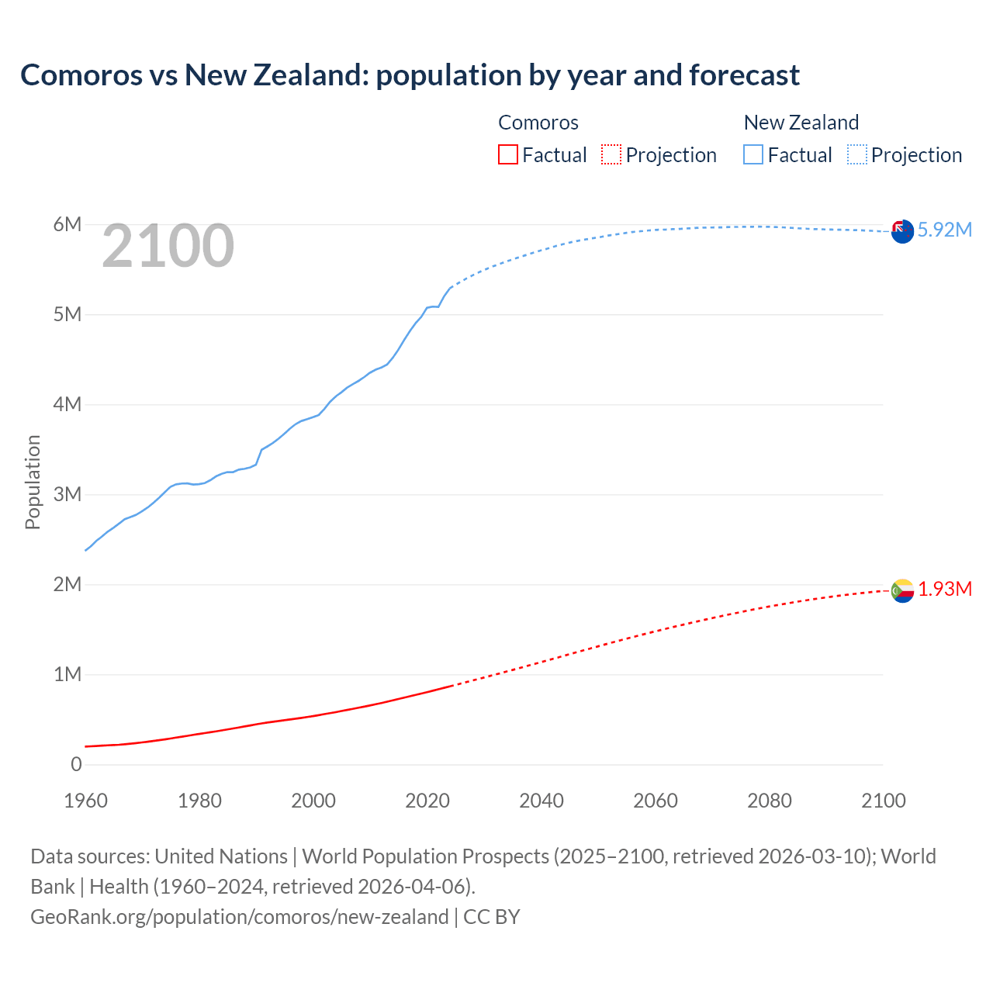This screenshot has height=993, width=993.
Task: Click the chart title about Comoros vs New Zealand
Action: (x=410, y=75)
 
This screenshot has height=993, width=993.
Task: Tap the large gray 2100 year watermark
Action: (x=168, y=246)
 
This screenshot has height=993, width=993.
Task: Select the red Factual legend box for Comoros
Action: (x=507, y=155)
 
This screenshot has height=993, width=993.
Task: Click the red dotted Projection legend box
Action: (x=611, y=155)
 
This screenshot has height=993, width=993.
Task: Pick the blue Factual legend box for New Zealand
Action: (x=753, y=155)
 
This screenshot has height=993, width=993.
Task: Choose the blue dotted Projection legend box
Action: (x=856, y=155)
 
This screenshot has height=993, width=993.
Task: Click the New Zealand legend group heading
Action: (x=801, y=123)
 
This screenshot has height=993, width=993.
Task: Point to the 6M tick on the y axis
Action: (x=67, y=225)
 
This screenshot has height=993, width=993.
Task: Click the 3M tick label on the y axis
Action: (x=67, y=495)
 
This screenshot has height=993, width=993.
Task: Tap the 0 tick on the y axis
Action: (x=76, y=765)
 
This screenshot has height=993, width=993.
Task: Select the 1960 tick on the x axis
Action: (x=85, y=801)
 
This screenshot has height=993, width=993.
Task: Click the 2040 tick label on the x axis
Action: (x=541, y=801)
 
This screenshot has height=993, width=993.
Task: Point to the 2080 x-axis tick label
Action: (x=770, y=801)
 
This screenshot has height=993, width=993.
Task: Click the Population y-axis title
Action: (x=33, y=482)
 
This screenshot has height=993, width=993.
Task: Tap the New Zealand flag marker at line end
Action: (x=902, y=231)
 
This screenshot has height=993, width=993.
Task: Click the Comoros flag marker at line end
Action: (x=902, y=590)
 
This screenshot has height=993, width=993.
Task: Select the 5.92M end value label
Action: (x=945, y=230)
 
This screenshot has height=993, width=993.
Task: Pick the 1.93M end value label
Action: (x=945, y=590)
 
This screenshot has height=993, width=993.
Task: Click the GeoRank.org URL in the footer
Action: (x=239, y=917)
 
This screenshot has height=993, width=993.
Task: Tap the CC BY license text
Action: (x=492, y=917)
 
